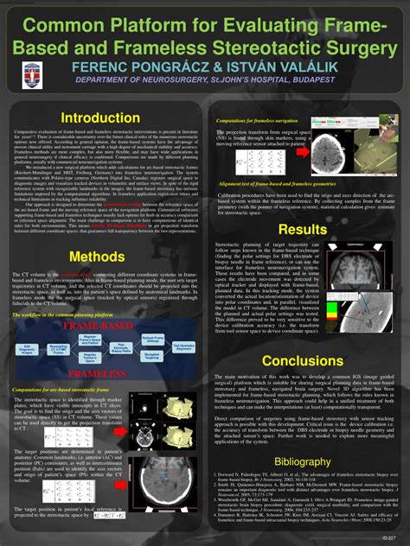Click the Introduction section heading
point(99,117)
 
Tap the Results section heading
point(302,229)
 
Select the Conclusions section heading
point(303,360)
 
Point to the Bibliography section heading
point(302,462)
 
